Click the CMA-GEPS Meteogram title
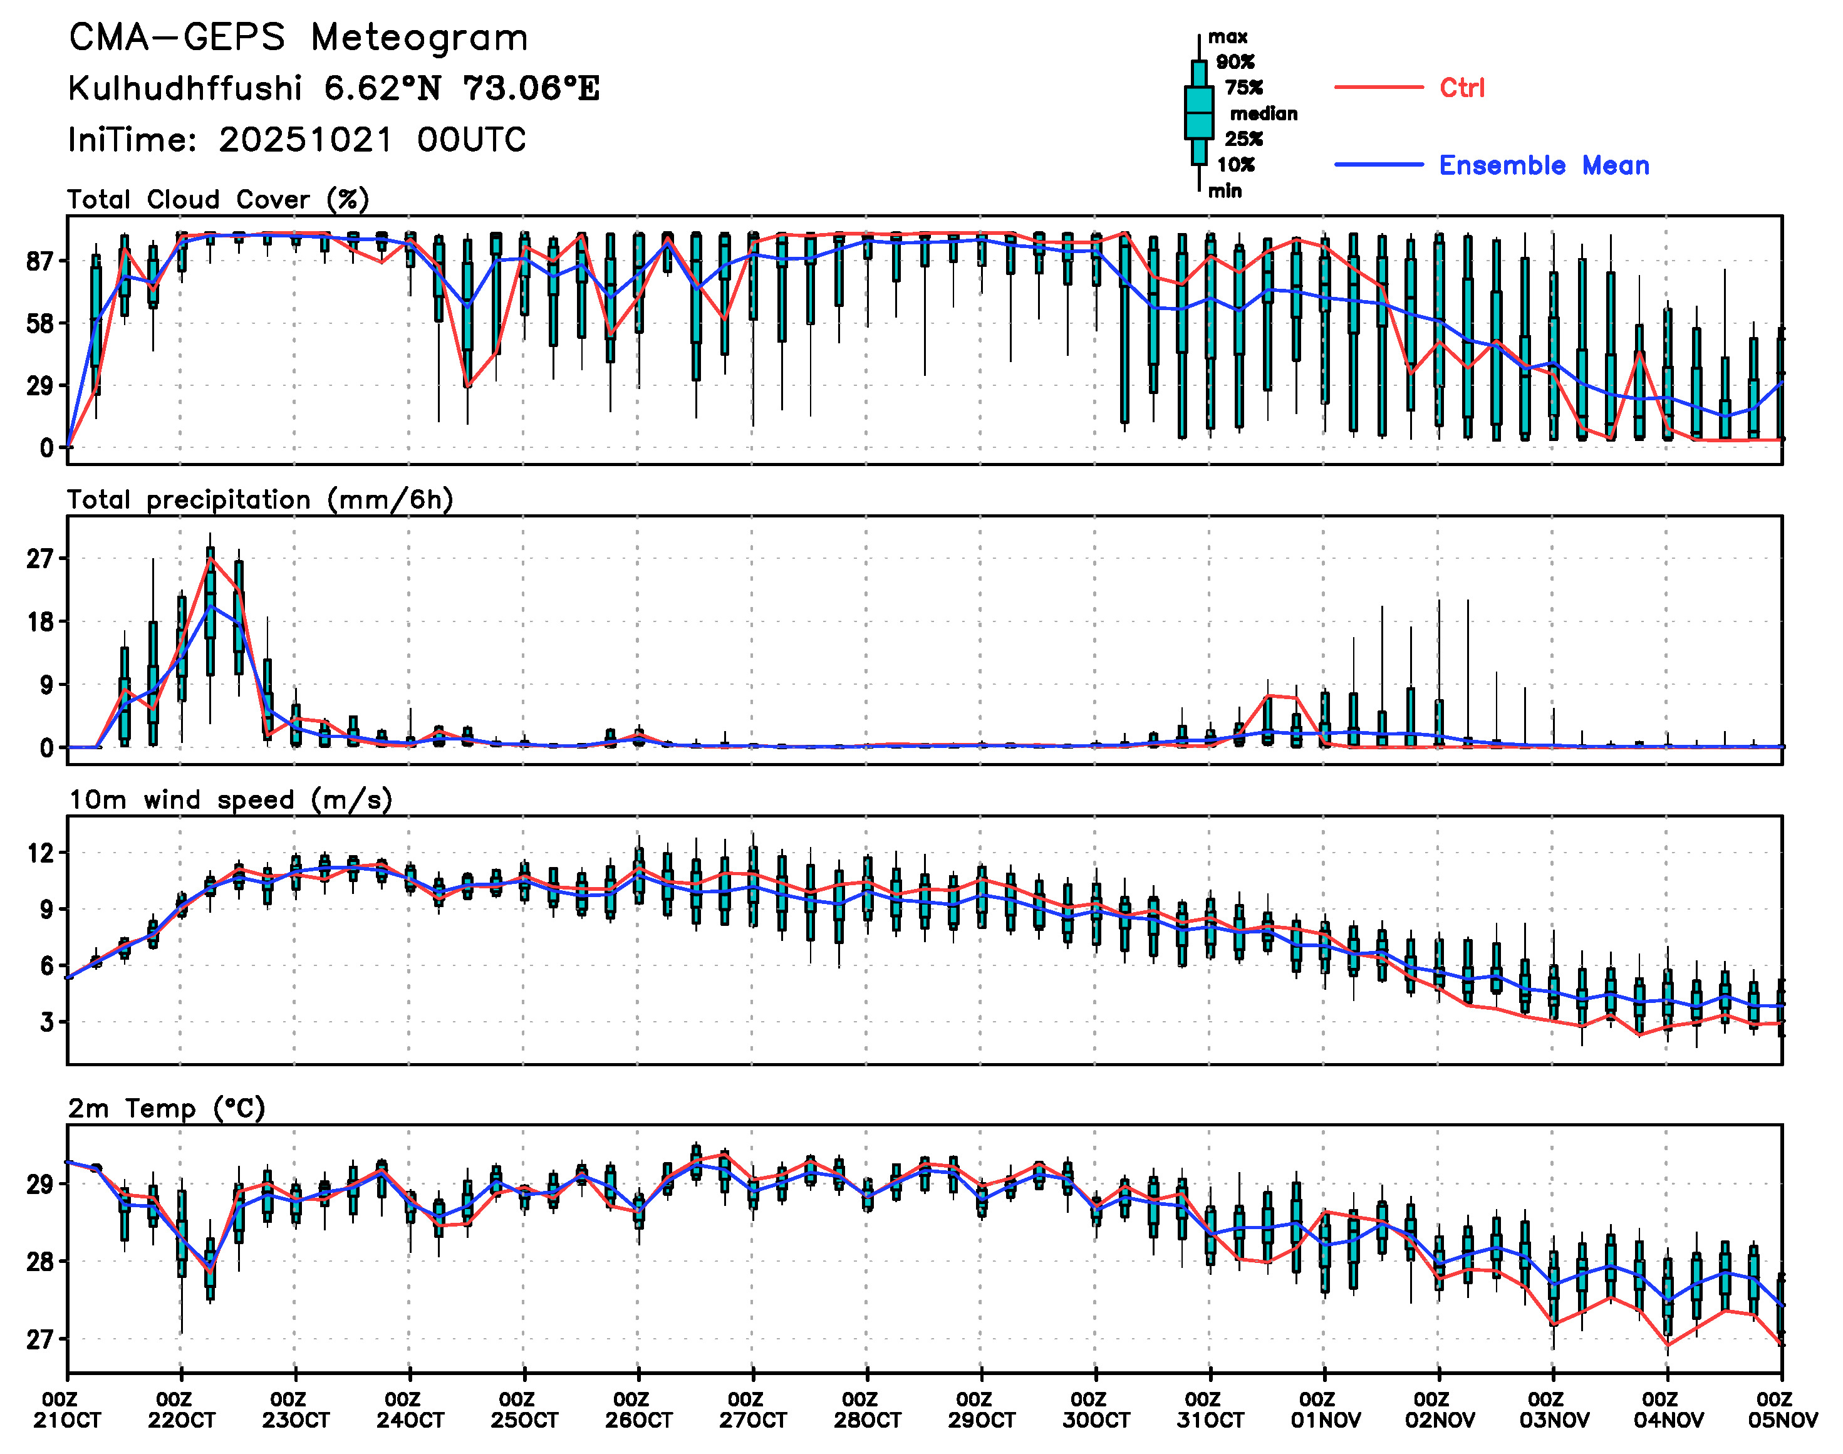[298, 38]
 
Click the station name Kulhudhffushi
[185, 88]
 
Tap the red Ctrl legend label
[1461, 88]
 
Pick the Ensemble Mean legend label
[1544, 165]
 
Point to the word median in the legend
[1264, 114]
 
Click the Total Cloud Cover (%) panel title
[218, 200]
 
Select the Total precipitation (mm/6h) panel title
[259, 500]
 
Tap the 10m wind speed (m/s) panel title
[230, 800]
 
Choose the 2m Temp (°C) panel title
[167, 1108]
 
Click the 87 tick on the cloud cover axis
[40, 261]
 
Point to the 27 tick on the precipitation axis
[40, 559]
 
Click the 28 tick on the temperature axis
[40, 1262]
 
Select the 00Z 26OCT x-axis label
[638, 1410]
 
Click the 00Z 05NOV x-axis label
[1782, 1410]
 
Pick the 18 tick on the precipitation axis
[40, 621]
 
